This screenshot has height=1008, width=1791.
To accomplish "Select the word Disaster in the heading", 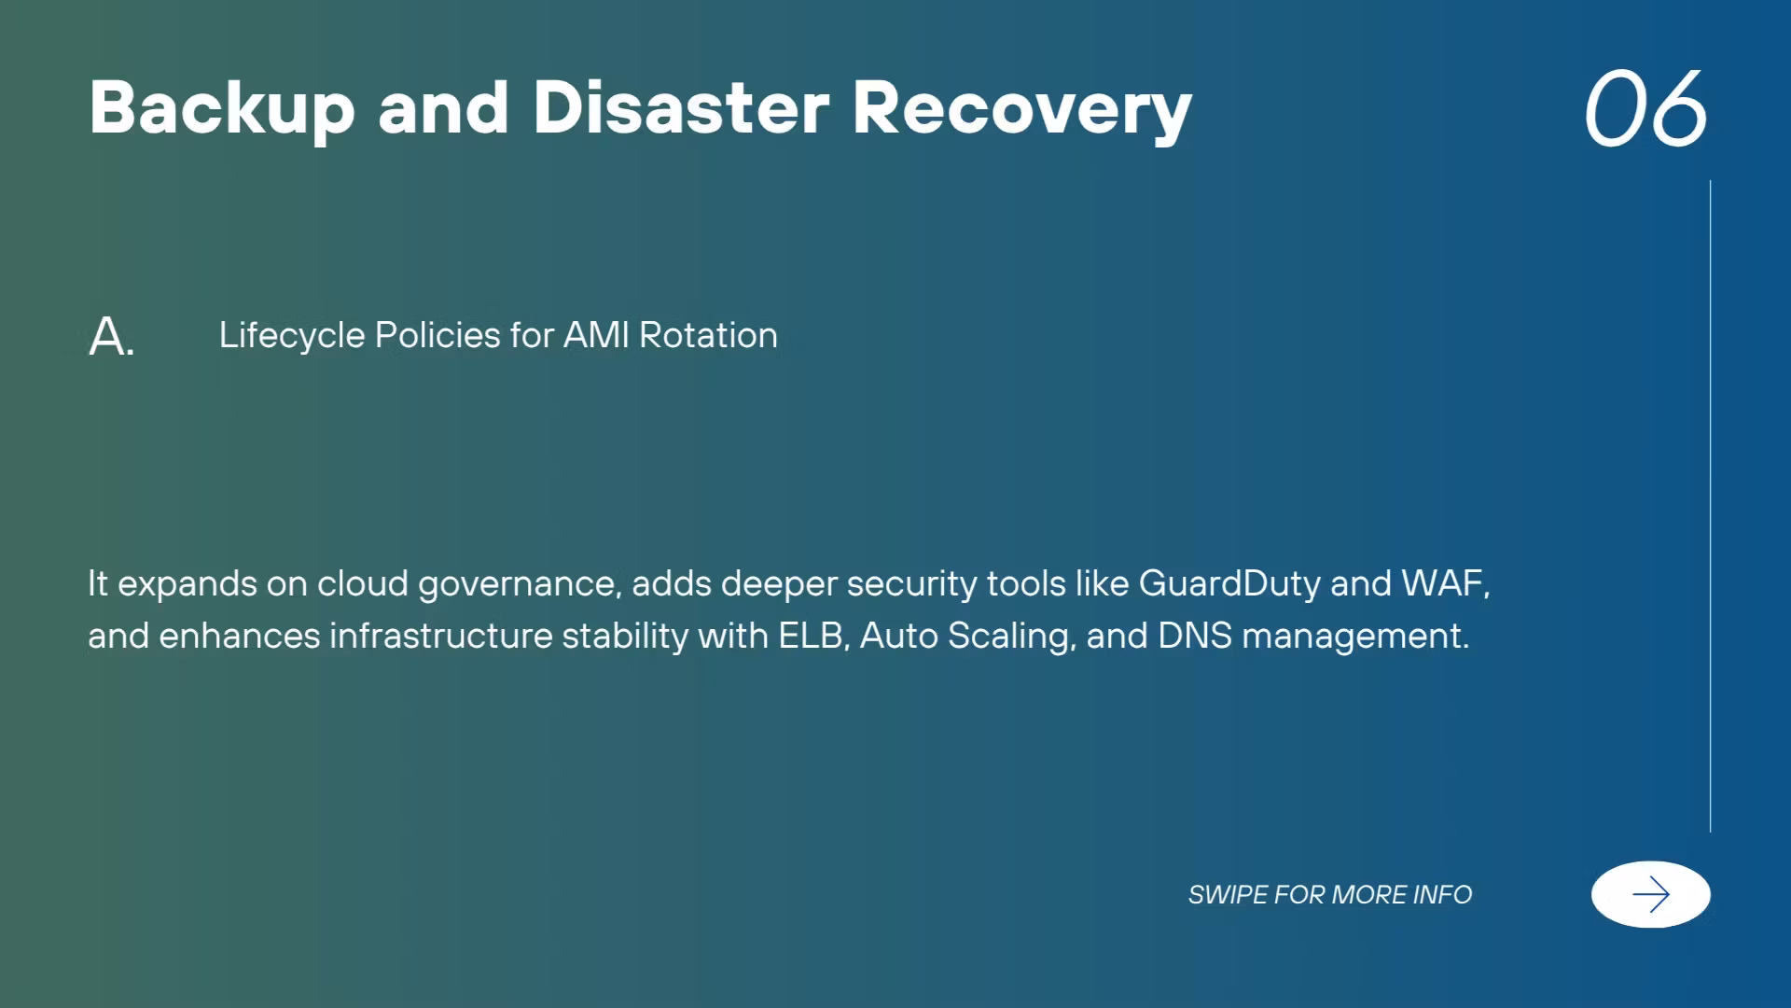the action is [681, 107].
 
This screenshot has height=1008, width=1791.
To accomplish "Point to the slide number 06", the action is [1646, 108].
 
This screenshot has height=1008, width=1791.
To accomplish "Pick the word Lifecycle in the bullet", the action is [292, 336].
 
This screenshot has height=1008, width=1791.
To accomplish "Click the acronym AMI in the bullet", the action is [597, 335].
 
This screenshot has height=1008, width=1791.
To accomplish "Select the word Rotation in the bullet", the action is [708, 335].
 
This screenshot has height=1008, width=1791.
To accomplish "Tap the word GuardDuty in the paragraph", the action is [1229, 584].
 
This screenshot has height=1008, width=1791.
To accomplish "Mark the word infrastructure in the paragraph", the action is [441, 636].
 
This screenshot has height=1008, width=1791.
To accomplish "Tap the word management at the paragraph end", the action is [1355, 637].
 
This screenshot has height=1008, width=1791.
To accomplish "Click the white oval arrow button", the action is [1651, 894].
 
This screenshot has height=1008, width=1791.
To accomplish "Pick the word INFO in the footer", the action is [1443, 894].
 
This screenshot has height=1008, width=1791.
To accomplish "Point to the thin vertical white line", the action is [1710, 506].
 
